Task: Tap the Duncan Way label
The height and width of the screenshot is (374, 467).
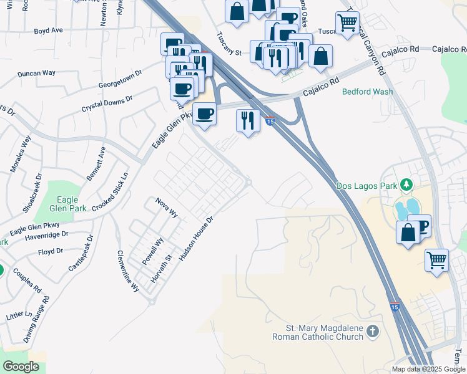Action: pyautogui.click(x=37, y=74)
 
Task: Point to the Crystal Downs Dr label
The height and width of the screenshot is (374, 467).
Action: pyautogui.click(x=107, y=104)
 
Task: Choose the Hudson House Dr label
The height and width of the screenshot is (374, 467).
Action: pyautogui.click(x=197, y=237)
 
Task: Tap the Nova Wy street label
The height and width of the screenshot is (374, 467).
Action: pyautogui.click(x=167, y=208)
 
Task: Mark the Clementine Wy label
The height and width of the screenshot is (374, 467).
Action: pyautogui.click(x=128, y=271)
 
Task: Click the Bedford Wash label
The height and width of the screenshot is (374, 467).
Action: pyautogui.click(x=368, y=92)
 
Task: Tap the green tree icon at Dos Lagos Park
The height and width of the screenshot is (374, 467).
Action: pyautogui.click(x=406, y=185)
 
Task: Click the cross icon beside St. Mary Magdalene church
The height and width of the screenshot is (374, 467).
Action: pyautogui.click(x=373, y=332)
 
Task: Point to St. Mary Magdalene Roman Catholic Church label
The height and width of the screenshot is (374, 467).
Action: pyautogui.click(x=317, y=332)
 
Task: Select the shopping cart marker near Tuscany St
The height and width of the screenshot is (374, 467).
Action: pyautogui.click(x=347, y=23)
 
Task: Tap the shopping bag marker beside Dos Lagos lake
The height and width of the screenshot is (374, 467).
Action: pyautogui.click(x=407, y=233)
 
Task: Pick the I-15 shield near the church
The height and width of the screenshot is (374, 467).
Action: pyautogui.click(x=395, y=307)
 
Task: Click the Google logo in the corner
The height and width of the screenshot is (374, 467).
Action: pyautogui.click(x=21, y=367)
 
